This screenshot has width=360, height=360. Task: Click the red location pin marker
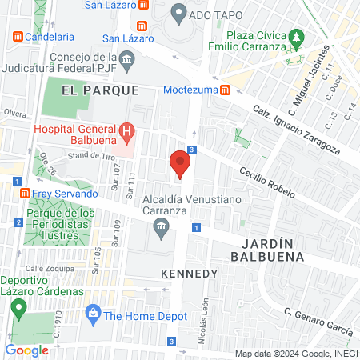tap(180, 164)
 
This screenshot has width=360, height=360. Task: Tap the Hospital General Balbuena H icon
tap(126, 130)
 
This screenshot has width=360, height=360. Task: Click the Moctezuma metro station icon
tap(226, 90)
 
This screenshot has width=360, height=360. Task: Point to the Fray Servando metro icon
tap(24, 194)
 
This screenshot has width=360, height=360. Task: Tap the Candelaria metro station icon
tap(17, 36)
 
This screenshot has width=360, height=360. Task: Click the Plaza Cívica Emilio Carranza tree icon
tap(297, 36)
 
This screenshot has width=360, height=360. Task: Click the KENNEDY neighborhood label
tap(190, 274)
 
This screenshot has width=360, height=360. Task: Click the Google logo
tap(26, 350)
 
